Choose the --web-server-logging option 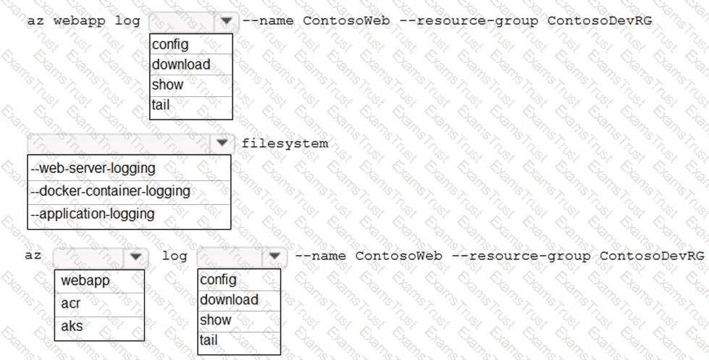point(93,168)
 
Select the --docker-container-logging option point(110,191)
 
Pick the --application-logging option point(93,214)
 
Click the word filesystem point(285,143)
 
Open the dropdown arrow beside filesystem point(222,143)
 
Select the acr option point(70,303)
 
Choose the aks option point(72,326)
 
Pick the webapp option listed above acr point(85,280)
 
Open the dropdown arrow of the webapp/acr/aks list point(135,256)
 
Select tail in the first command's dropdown point(161,105)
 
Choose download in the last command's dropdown point(230,299)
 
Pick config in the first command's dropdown point(170,44)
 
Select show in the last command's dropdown point(216,319)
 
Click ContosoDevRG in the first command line point(600,20)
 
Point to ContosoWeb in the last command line point(398,256)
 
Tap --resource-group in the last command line point(521,256)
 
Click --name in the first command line point(268,20)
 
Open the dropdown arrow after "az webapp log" point(226,21)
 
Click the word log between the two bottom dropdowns point(175,256)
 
